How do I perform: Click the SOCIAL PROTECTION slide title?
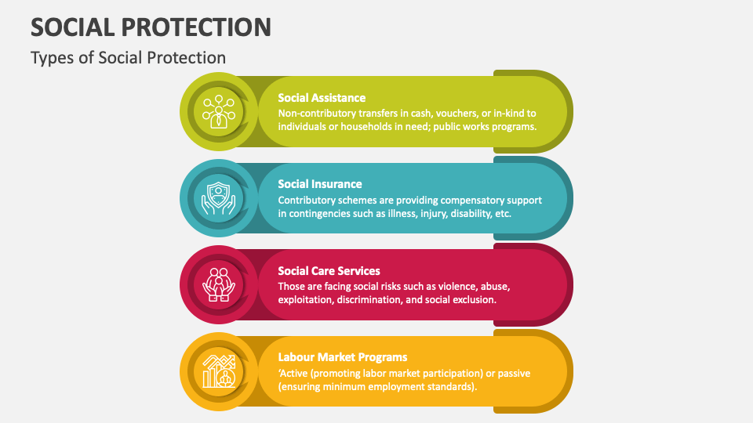(x=151, y=27)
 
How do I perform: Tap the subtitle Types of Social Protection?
(x=128, y=58)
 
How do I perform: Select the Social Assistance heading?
(x=322, y=98)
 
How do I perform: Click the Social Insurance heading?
(x=320, y=184)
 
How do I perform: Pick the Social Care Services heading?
(x=329, y=271)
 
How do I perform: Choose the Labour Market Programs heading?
(x=342, y=357)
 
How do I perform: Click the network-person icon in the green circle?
(x=217, y=111)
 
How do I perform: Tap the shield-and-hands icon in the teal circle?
(x=217, y=198)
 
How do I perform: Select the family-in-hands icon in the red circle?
(x=217, y=284)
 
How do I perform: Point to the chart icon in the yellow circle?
(x=217, y=371)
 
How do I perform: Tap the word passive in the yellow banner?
(x=513, y=373)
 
